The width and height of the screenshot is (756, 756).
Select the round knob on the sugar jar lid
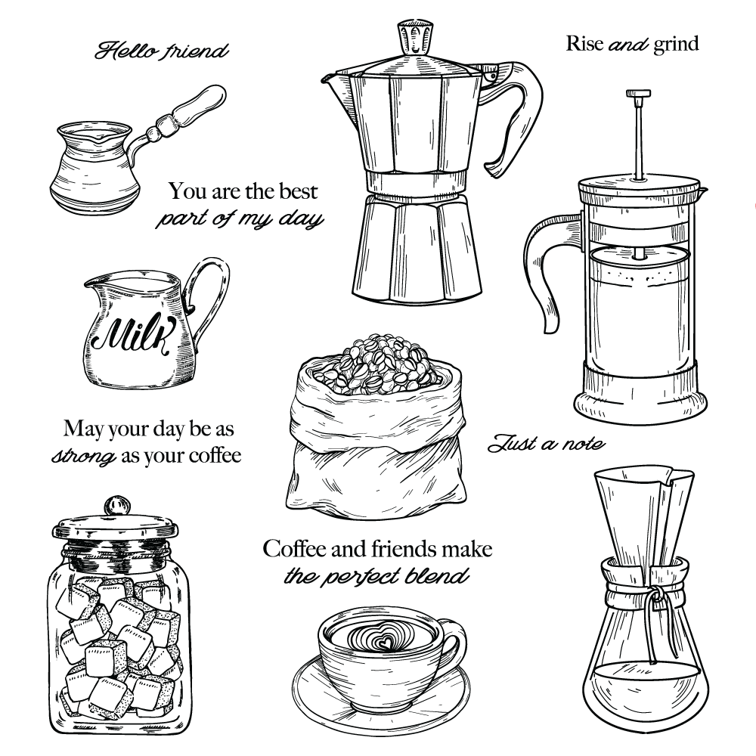pos(118,507)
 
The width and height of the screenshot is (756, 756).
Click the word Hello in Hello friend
pos(122,50)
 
